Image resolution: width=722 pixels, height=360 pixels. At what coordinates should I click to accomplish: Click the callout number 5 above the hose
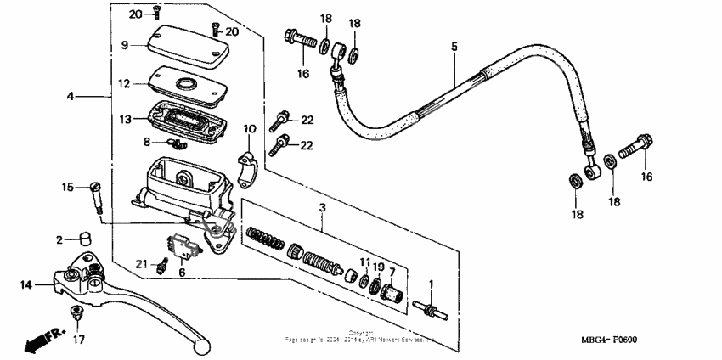tap(454, 46)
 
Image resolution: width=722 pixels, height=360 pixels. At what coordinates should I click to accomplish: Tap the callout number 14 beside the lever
tap(25, 285)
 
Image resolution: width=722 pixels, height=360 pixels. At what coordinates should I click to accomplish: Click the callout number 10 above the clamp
tap(249, 130)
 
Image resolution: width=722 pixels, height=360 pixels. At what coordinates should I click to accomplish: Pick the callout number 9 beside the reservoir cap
tap(124, 45)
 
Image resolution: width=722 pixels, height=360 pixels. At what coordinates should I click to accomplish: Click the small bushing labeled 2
tap(84, 239)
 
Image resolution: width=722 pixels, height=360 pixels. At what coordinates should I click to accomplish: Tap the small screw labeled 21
tap(160, 267)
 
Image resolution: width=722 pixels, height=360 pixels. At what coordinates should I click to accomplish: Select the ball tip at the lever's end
tap(201, 346)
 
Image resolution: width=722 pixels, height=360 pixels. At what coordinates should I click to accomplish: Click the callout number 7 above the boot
tap(392, 271)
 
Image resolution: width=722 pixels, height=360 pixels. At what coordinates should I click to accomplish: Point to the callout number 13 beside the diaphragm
tap(125, 120)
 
